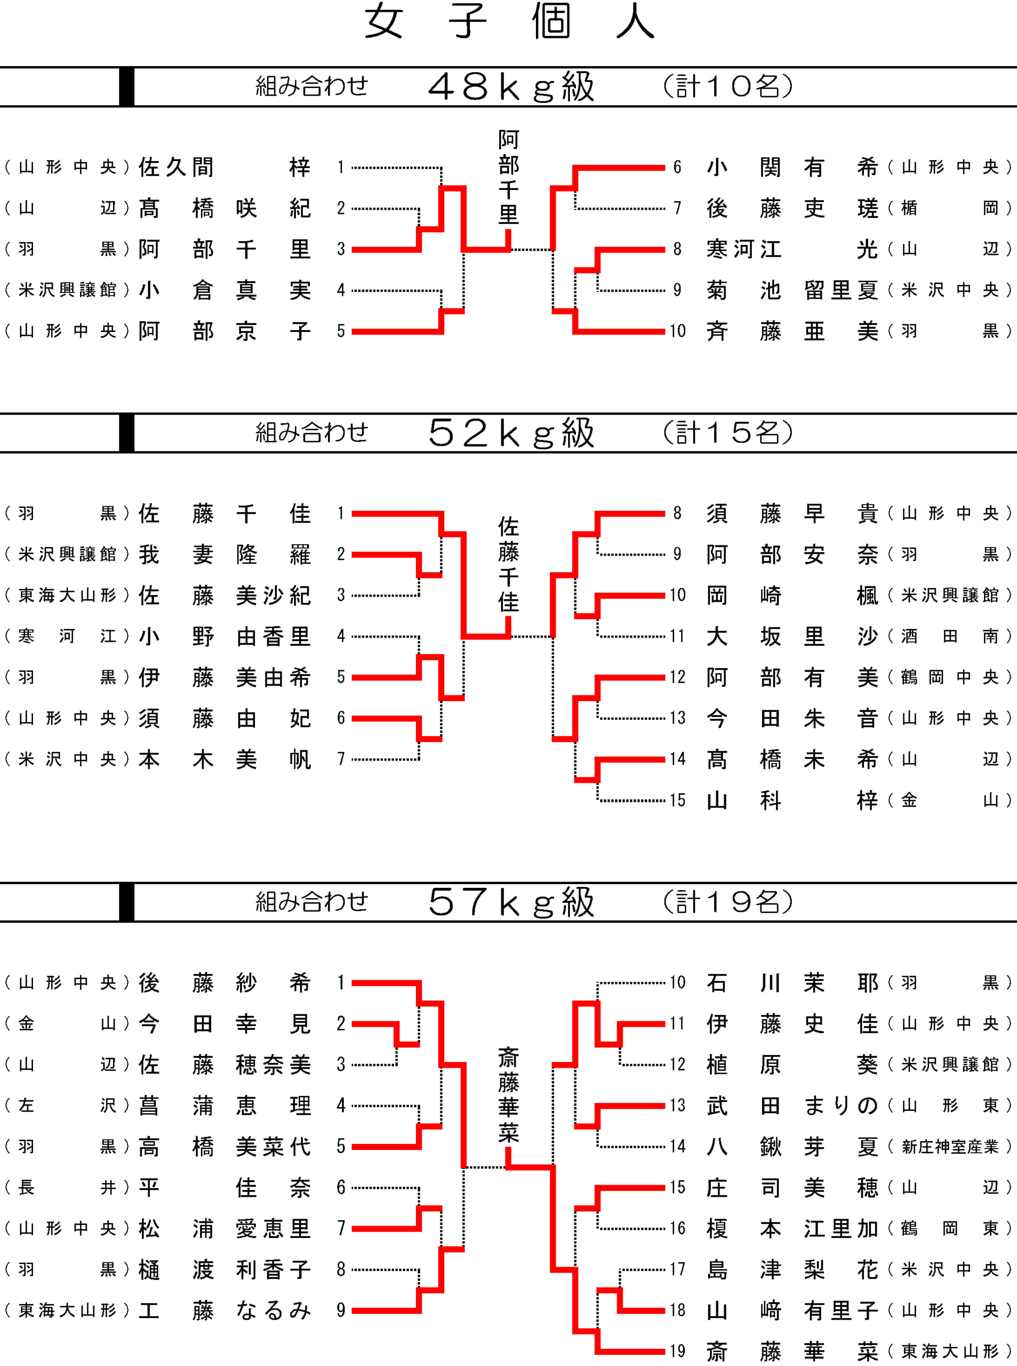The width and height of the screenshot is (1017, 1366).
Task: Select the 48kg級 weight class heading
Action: [x=511, y=87]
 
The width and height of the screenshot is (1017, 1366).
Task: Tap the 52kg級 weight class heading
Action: [x=511, y=433]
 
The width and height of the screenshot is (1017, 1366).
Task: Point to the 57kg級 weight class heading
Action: [x=511, y=902]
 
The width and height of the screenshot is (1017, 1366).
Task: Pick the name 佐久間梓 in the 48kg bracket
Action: [x=225, y=167]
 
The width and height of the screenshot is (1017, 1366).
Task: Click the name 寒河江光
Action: [x=792, y=249]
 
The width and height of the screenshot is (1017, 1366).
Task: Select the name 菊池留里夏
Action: [x=792, y=290]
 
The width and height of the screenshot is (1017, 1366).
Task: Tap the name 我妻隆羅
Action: [x=225, y=554]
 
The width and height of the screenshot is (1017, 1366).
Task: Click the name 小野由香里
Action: [x=225, y=636]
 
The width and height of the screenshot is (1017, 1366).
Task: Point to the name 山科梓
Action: [x=792, y=800]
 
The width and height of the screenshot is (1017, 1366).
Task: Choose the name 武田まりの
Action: [x=792, y=1106]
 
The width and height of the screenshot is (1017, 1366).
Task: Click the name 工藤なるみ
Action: [x=225, y=1310]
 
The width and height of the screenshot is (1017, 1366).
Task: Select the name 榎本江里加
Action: [x=792, y=1228]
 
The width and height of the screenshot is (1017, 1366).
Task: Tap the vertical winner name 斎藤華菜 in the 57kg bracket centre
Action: [x=509, y=1095]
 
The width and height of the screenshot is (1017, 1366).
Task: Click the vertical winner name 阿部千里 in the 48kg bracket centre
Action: [x=509, y=177]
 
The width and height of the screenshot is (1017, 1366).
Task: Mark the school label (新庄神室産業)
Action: [x=950, y=1146]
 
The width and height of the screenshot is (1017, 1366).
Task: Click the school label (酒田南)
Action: [x=950, y=636]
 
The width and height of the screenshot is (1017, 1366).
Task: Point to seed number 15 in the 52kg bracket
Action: [x=678, y=800]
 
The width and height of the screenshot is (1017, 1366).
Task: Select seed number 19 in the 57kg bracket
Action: [x=678, y=1351]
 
